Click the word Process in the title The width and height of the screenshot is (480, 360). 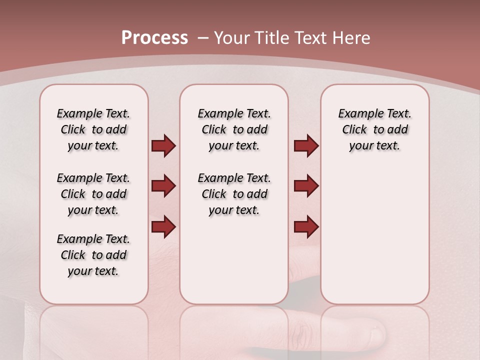pos(154,38)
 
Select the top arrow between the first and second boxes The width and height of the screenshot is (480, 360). pos(163,145)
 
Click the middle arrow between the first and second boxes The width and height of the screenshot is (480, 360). pos(163,186)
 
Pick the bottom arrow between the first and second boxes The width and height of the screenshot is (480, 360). pos(163,226)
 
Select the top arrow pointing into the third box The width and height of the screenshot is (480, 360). pos(306,145)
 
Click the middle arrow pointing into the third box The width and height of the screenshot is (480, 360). pos(306,186)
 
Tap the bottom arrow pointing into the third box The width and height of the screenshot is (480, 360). pos(306,226)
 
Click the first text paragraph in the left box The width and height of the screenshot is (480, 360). pos(93,129)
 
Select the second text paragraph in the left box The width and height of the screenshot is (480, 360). pos(93,194)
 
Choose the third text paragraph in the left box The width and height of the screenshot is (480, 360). pos(93,255)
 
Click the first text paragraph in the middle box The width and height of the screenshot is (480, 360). pos(234,129)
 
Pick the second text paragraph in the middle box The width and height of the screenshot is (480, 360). pos(234,194)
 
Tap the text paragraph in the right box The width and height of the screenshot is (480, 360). pos(374,129)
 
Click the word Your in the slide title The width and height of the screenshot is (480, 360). pos(233,38)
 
